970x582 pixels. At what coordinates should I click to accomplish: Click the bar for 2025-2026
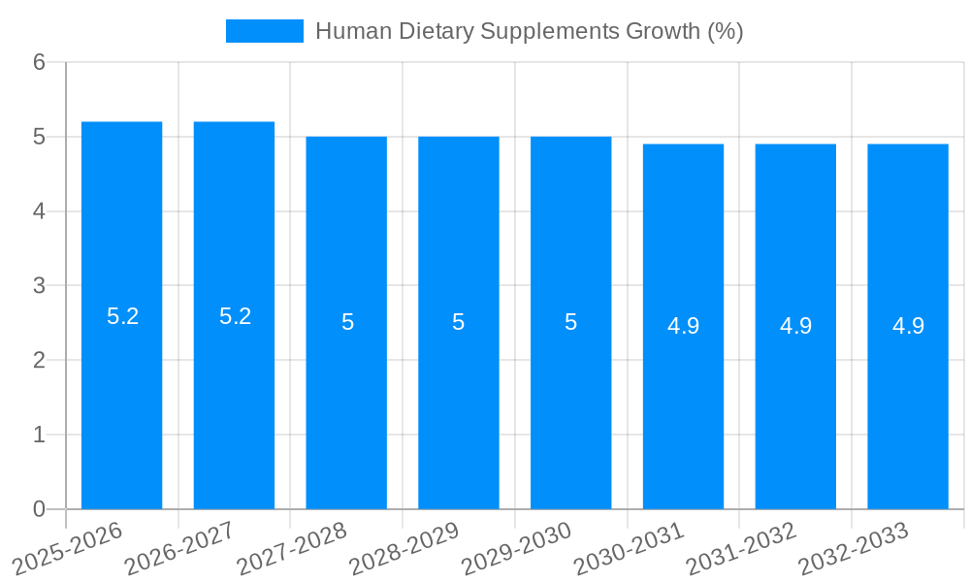click(121, 388)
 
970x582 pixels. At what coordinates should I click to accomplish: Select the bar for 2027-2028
click(346, 407)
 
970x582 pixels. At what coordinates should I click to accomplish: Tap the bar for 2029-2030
click(570, 407)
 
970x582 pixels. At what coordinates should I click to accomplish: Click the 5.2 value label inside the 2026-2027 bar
click(235, 316)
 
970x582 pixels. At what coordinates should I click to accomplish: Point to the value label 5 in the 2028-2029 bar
click(459, 322)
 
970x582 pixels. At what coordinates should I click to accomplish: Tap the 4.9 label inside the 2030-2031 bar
click(683, 326)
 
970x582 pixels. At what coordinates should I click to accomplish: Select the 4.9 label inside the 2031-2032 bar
click(795, 326)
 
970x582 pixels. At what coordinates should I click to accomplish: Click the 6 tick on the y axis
click(39, 62)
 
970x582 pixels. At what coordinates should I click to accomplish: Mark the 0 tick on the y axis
click(39, 509)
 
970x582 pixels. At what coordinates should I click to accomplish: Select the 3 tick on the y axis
click(39, 286)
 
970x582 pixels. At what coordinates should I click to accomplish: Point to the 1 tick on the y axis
click(39, 436)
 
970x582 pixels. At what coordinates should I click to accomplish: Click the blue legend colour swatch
click(264, 31)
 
